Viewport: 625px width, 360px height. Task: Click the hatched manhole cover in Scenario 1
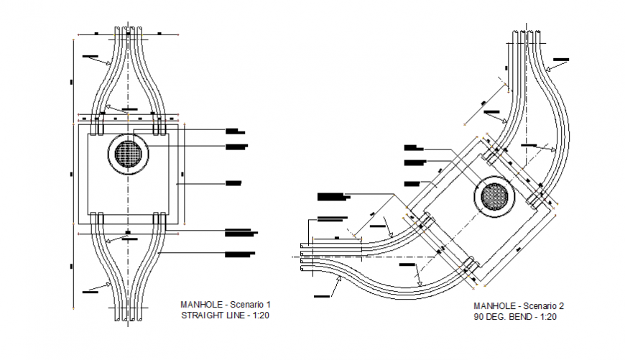129,153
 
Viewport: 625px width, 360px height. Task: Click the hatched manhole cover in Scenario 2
495,196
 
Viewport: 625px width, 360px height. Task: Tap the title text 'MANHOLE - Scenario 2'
515,305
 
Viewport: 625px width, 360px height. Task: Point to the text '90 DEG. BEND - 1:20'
514,316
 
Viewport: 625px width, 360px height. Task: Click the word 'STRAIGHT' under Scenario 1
202,315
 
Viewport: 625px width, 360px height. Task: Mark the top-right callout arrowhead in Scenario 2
547,69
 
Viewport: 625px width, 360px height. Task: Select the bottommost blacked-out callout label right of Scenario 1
239,254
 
